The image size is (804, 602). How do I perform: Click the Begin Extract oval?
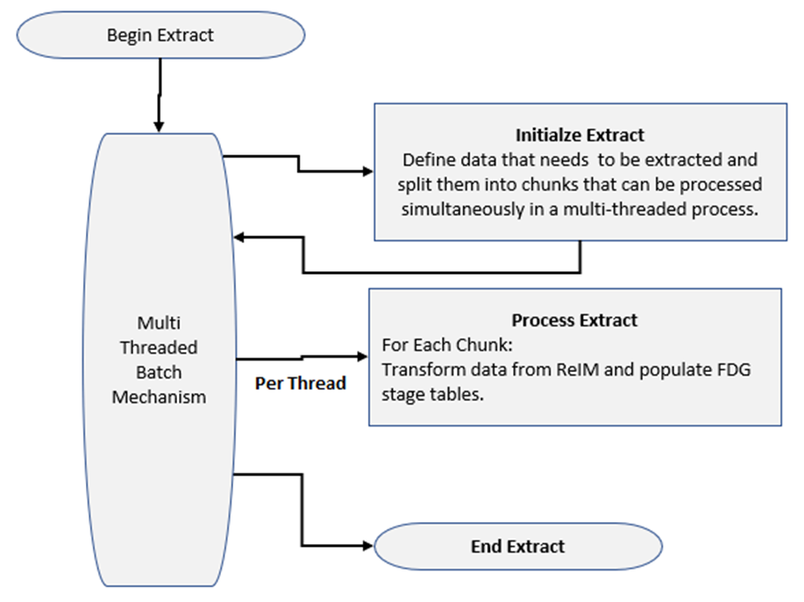click(160, 35)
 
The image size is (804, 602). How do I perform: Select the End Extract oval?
click(517, 546)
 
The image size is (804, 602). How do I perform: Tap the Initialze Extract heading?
click(580, 135)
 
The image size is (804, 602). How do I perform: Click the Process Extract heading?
click(574, 319)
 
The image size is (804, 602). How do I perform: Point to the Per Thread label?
click(301, 383)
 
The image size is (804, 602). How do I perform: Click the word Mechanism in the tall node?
click(160, 396)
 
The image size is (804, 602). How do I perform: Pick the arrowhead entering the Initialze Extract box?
click(366, 172)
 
